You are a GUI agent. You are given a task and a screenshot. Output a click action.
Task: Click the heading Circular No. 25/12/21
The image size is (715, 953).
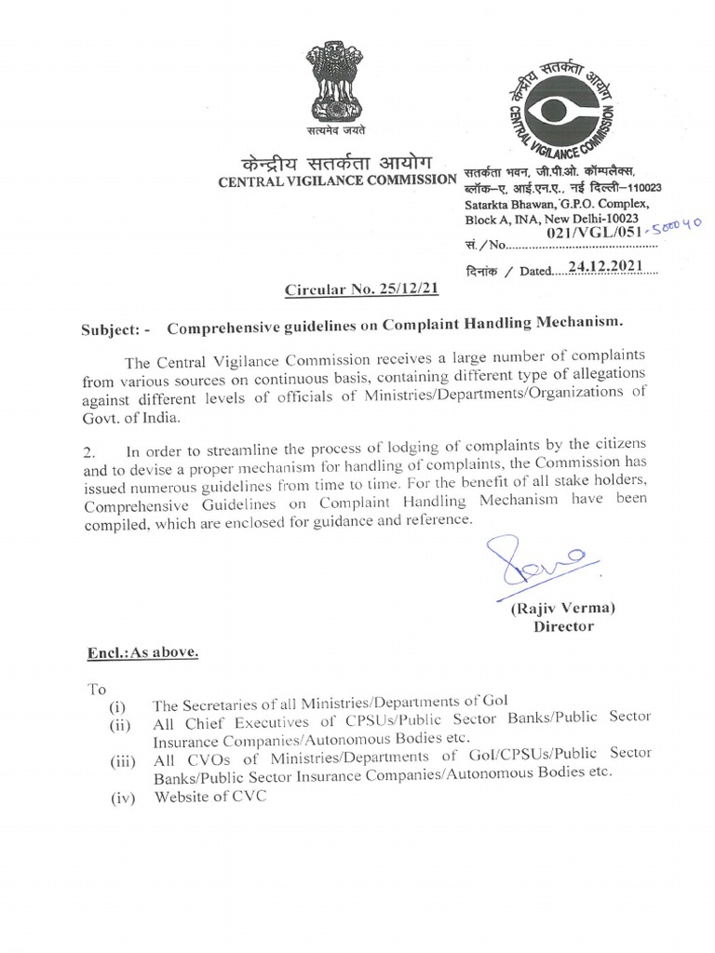pyautogui.click(x=361, y=289)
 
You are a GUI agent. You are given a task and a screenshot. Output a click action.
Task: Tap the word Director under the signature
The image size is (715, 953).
pyautogui.click(x=562, y=626)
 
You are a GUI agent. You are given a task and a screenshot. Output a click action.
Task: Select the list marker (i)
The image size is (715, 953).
pyautogui.click(x=120, y=705)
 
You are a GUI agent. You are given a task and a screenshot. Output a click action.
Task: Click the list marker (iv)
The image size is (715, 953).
pyautogui.click(x=124, y=798)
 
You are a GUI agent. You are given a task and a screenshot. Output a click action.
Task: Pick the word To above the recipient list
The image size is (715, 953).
pyautogui.click(x=97, y=689)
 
